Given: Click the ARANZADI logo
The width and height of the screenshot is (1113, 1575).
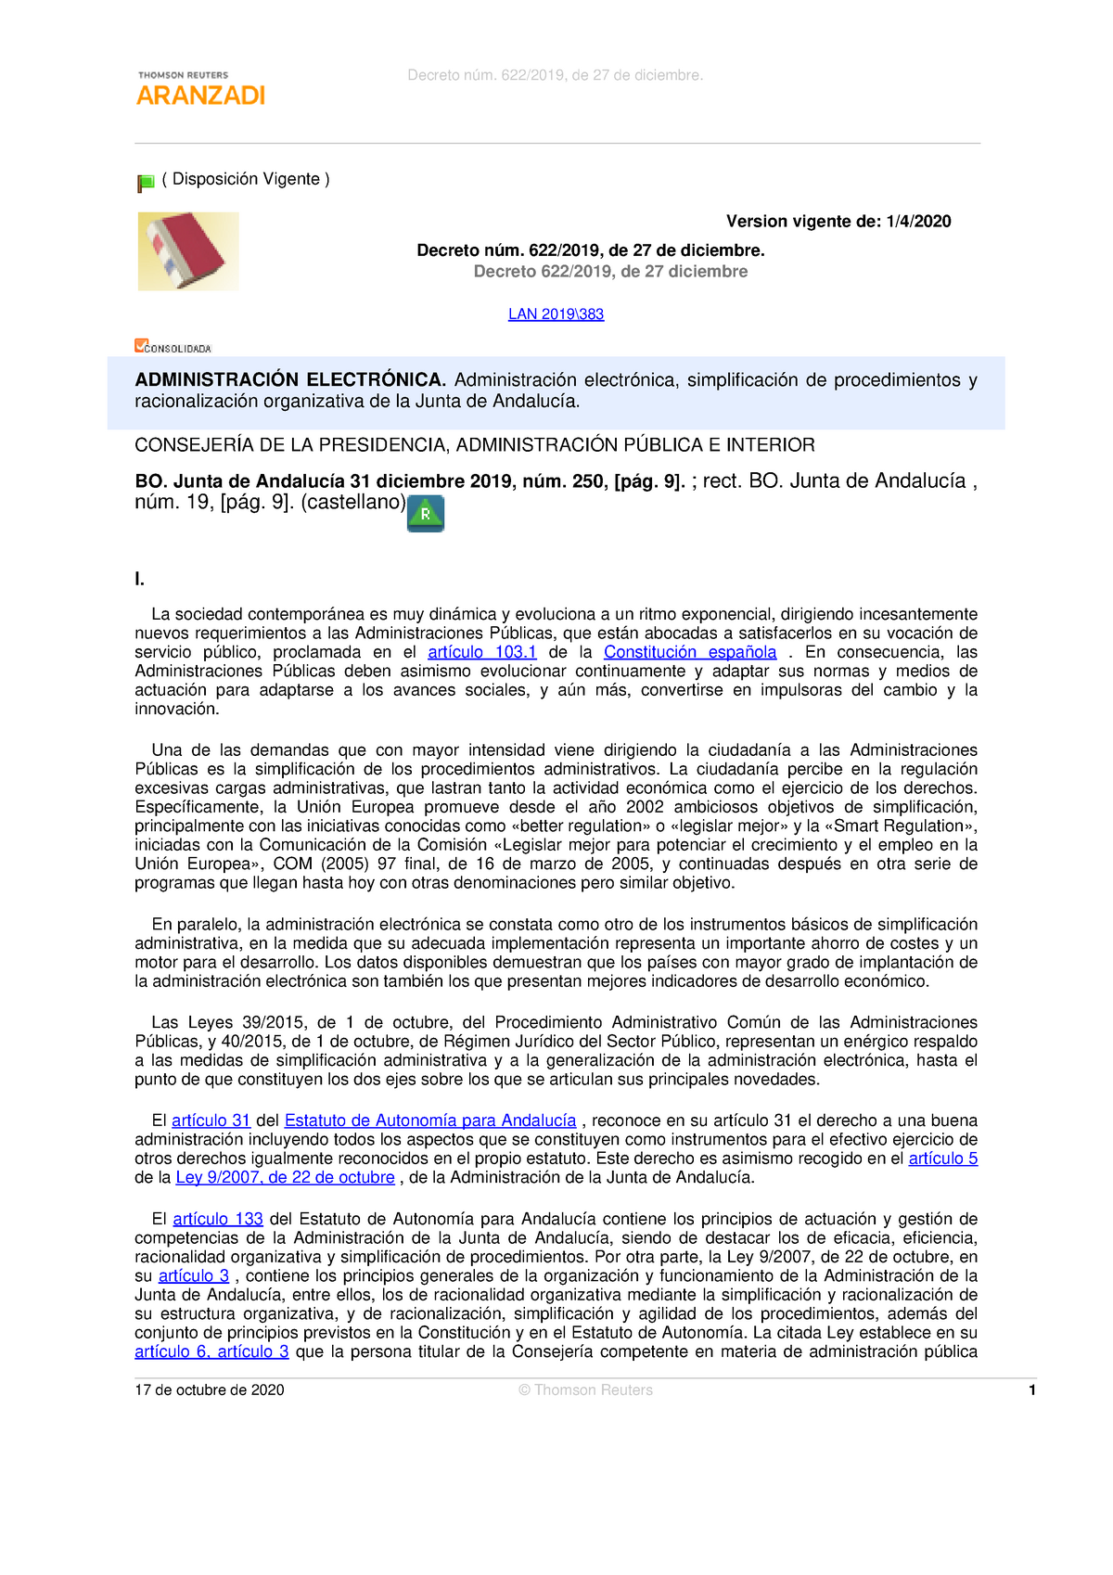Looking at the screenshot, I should (x=200, y=89).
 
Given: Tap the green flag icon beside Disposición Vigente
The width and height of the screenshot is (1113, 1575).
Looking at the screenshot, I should (x=146, y=183).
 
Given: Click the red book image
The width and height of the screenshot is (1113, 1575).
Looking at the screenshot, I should (x=188, y=251).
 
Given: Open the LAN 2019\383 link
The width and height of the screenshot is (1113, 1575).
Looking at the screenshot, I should (x=556, y=314).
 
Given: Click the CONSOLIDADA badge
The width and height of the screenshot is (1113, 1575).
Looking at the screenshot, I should (x=173, y=347).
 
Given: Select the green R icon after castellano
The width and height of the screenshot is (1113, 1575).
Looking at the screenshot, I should (x=426, y=513).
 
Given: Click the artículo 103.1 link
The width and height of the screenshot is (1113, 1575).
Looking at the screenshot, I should (x=481, y=652).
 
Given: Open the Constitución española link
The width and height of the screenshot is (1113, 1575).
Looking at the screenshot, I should (x=690, y=652).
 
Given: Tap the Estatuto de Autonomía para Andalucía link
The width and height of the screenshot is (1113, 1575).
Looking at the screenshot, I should (x=430, y=1120).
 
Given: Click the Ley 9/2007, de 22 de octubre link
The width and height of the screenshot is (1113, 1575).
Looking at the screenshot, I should (x=285, y=1177).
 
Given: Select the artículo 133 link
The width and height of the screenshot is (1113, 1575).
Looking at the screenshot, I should (x=218, y=1219).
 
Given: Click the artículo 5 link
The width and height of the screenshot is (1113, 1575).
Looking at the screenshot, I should (x=942, y=1159).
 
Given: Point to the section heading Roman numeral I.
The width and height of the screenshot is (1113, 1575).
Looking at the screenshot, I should (x=139, y=580).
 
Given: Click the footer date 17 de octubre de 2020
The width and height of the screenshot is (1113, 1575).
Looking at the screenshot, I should (x=210, y=1389).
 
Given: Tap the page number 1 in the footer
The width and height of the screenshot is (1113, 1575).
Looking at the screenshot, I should (x=1031, y=1389).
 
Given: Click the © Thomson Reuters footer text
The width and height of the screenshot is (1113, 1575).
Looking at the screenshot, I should (x=585, y=1389).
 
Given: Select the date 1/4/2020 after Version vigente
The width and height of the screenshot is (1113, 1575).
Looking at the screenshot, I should (x=918, y=221).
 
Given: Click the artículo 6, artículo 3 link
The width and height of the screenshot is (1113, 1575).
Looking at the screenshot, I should (x=211, y=1351).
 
